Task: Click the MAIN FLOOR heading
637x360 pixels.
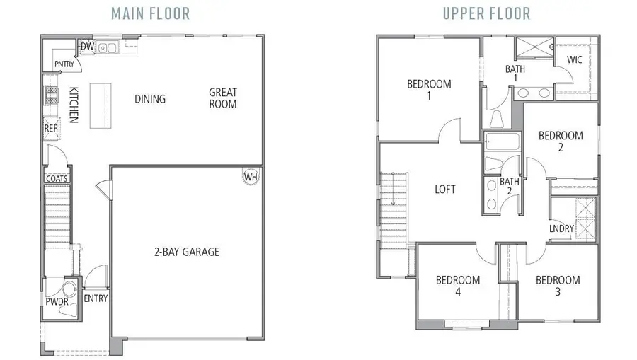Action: [x=151, y=13]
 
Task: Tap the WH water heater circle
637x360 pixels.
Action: [x=250, y=176]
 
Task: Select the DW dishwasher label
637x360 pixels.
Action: [x=87, y=47]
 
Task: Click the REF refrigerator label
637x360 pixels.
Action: [x=51, y=129]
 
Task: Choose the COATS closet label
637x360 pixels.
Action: [x=57, y=179]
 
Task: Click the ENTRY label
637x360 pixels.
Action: [x=96, y=298]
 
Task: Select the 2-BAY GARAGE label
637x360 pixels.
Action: [x=187, y=252]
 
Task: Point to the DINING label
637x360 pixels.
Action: [x=150, y=99]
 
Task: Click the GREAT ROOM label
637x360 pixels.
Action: [x=222, y=98]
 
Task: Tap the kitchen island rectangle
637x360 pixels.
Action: [x=101, y=104]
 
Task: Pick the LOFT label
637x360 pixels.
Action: [x=445, y=190]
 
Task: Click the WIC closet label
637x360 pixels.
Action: [x=574, y=60]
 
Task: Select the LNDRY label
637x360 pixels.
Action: [x=561, y=228]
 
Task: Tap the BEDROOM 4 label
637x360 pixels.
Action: [x=457, y=286]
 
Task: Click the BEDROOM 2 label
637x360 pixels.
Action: [x=561, y=141]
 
